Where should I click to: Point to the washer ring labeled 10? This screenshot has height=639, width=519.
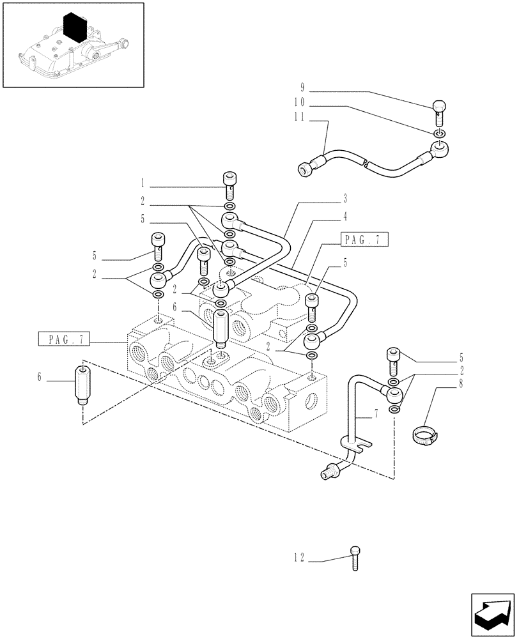(440, 134)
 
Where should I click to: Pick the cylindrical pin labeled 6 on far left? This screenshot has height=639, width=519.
(82, 384)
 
